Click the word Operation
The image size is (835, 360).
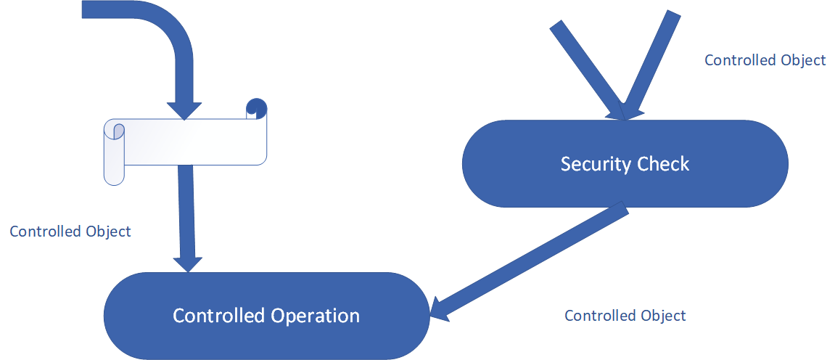pos(316,316)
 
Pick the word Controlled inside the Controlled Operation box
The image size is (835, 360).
pos(219,316)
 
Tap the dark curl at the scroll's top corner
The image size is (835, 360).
pos(256,107)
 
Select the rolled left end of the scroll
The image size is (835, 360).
pos(115,152)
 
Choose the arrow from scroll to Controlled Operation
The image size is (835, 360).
pos(187,210)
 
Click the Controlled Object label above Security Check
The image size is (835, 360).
pos(765,60)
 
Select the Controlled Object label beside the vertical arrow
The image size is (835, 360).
pos(70,232)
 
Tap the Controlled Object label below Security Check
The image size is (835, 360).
pos(625,316)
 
